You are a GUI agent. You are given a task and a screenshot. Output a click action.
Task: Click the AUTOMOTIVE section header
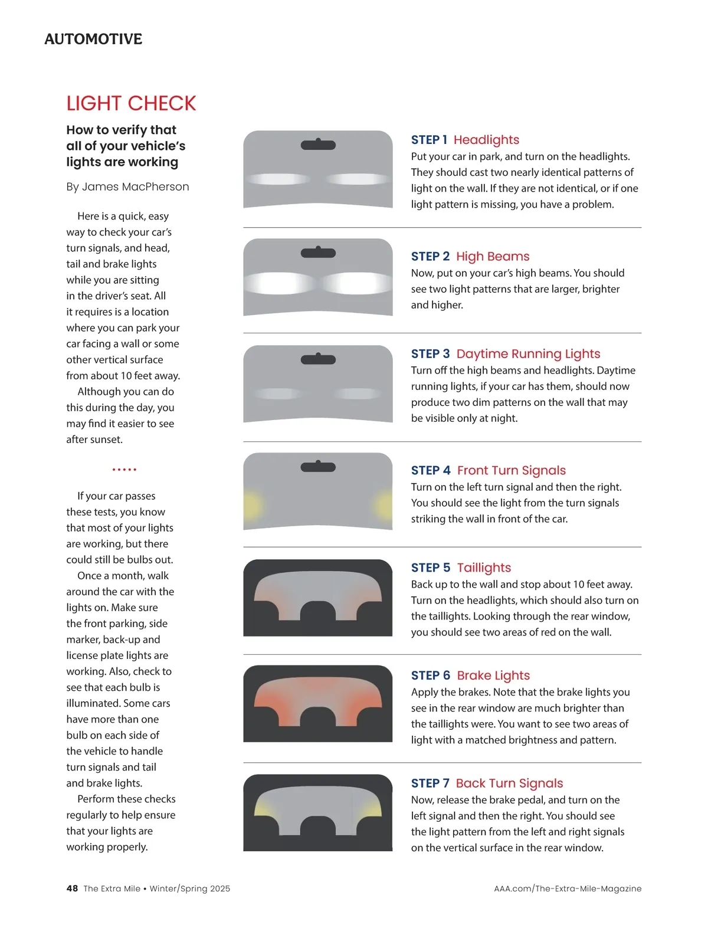coord(93,39)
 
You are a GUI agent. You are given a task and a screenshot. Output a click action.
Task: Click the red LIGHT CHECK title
coord(131,103)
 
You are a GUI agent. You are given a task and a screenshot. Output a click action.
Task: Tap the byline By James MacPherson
coord(127,186)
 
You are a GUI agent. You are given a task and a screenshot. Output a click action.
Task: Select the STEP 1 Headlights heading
coord(465,139)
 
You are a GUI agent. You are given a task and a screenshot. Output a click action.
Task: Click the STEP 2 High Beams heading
coord(470,256)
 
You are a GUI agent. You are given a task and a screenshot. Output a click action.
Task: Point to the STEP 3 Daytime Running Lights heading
coord(506,353)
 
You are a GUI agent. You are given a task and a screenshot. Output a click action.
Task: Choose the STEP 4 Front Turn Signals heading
coord(488,470)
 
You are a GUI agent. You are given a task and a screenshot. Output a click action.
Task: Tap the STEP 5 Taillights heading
coord(461,568)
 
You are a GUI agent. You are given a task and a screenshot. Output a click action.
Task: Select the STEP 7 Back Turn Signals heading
coord(487,783)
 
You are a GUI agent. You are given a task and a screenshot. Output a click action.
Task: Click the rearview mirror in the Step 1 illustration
coord(318,144)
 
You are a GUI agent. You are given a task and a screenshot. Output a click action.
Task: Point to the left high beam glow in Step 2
coord(279,283)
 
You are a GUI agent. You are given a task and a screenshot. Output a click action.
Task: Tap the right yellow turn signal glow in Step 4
coord(384,505)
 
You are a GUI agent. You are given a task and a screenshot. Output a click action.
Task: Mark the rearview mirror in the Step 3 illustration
coord(318,359)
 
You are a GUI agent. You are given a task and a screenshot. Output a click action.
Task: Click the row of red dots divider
coord(124,469)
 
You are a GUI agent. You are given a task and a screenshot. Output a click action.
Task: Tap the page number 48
coord(72,888)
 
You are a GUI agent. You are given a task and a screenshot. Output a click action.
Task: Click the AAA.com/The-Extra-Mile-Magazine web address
coord(568,888)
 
